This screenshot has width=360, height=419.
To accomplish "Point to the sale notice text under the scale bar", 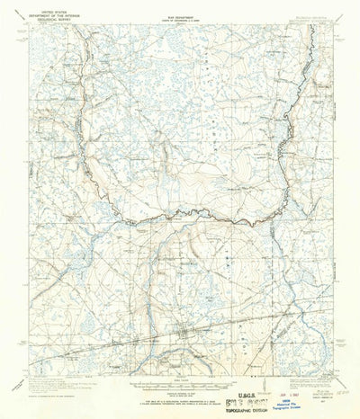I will tap(179, 396).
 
